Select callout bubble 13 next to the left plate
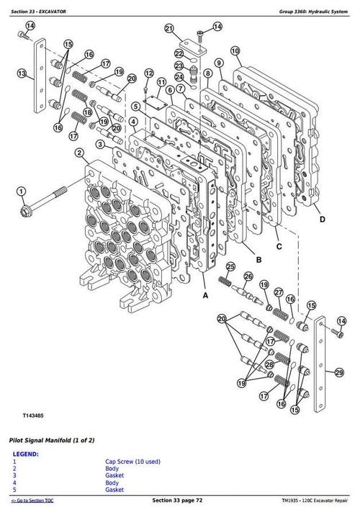22,73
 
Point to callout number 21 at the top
169,29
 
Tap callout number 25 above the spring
230,268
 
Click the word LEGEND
26,454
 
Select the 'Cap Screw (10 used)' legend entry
132,461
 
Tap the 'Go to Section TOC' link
32,500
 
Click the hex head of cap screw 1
29,211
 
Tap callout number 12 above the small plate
149,73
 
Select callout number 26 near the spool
248,276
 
